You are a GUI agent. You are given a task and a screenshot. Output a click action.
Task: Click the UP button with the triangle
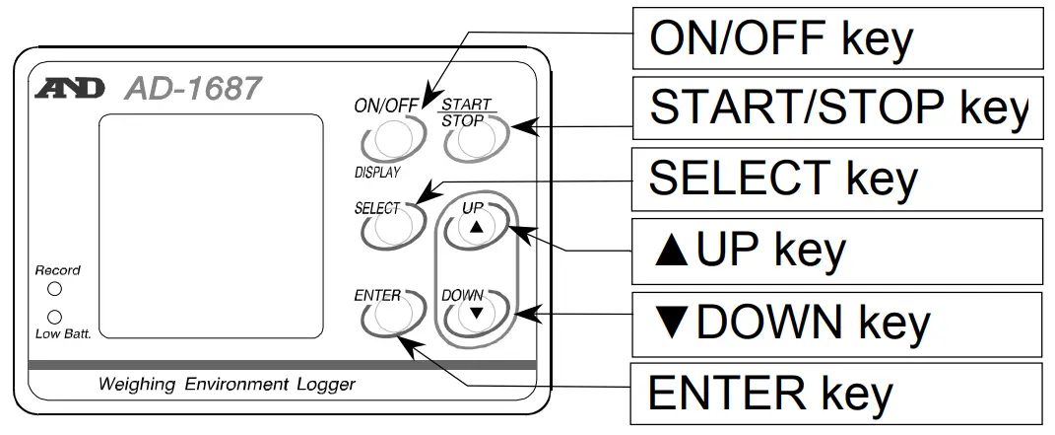tap(476, 229)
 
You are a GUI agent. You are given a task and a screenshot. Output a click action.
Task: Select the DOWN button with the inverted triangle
tap(476, 313)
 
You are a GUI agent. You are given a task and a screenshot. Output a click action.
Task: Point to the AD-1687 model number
tap(193, 90)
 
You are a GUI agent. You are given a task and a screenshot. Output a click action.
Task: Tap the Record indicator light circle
tap(55, 289)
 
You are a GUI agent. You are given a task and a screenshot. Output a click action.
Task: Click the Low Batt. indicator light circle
tap(55, 317)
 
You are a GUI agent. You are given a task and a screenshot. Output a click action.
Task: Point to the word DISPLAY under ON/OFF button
tap(377, 173)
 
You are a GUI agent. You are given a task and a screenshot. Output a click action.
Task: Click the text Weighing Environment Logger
tap(227, 385)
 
